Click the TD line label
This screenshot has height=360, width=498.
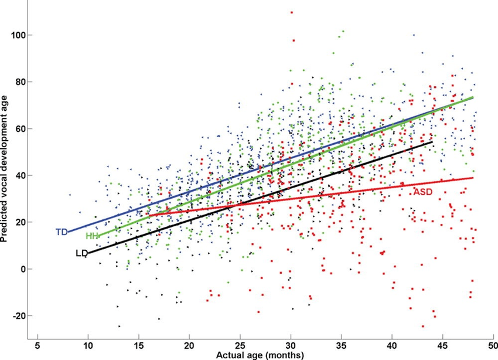click(62, 232)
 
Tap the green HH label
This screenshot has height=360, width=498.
click(91, 236)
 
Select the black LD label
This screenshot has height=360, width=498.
click(81, 253)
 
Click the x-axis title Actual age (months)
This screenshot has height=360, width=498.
click(261, 354)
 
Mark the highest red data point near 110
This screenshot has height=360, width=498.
click(291, 12)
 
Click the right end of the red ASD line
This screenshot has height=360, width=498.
click(473, 178)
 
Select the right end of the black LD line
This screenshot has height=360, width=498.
click(432, 142)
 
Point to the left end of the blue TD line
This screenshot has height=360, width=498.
click(68, 232)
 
